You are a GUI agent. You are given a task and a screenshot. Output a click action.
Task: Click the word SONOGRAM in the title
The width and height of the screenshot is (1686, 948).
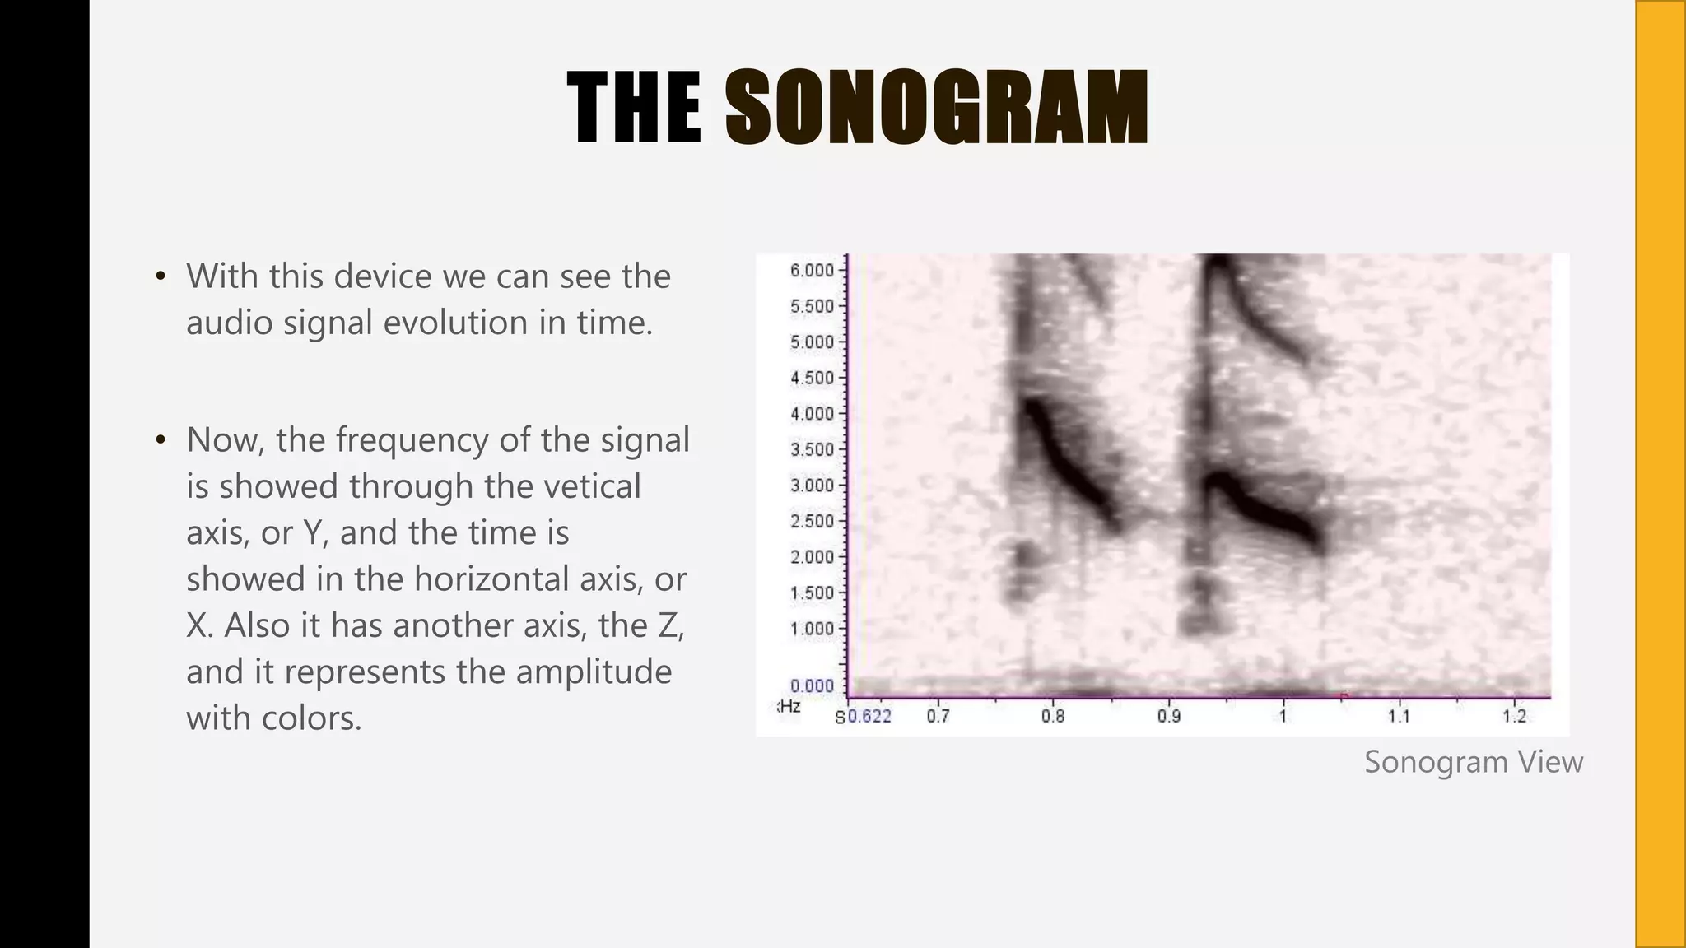tap(936, 108)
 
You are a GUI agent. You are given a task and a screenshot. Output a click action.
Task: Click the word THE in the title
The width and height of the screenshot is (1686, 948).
tap(635, 108)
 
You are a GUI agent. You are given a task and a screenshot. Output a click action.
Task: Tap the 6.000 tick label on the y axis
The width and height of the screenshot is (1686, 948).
tap(812, 271)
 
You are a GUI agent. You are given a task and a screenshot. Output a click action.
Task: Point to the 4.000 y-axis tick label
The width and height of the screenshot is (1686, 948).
tap(812, 414)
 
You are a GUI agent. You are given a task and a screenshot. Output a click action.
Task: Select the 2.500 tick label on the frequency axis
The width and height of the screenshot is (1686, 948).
tap(812, 521)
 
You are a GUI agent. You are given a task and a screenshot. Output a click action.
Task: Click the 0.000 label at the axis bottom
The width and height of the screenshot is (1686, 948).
tap(812, 685)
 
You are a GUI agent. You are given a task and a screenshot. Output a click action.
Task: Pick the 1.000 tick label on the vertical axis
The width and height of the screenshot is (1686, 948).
tap(812, 629)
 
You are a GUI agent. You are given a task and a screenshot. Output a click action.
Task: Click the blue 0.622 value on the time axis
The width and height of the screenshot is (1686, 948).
tap(869, 716)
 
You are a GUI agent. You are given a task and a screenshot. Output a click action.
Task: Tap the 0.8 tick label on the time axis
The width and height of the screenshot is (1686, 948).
tap(1053, 716)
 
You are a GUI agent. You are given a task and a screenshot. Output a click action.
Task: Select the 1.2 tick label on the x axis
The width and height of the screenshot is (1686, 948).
tap(1514, 716)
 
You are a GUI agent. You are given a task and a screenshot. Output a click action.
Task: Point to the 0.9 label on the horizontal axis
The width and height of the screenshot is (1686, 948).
tap(1168, 716)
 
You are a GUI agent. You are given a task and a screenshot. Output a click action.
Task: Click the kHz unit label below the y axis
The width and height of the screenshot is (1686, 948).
tap(789, 706)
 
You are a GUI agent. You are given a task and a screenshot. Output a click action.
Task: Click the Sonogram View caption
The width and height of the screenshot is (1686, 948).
tap(1473, 761)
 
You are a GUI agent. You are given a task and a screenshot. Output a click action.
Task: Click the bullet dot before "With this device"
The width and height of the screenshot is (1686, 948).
tap(161, 276)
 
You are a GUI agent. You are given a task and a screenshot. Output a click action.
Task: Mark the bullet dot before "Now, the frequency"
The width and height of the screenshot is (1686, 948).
tap(161, 439)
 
